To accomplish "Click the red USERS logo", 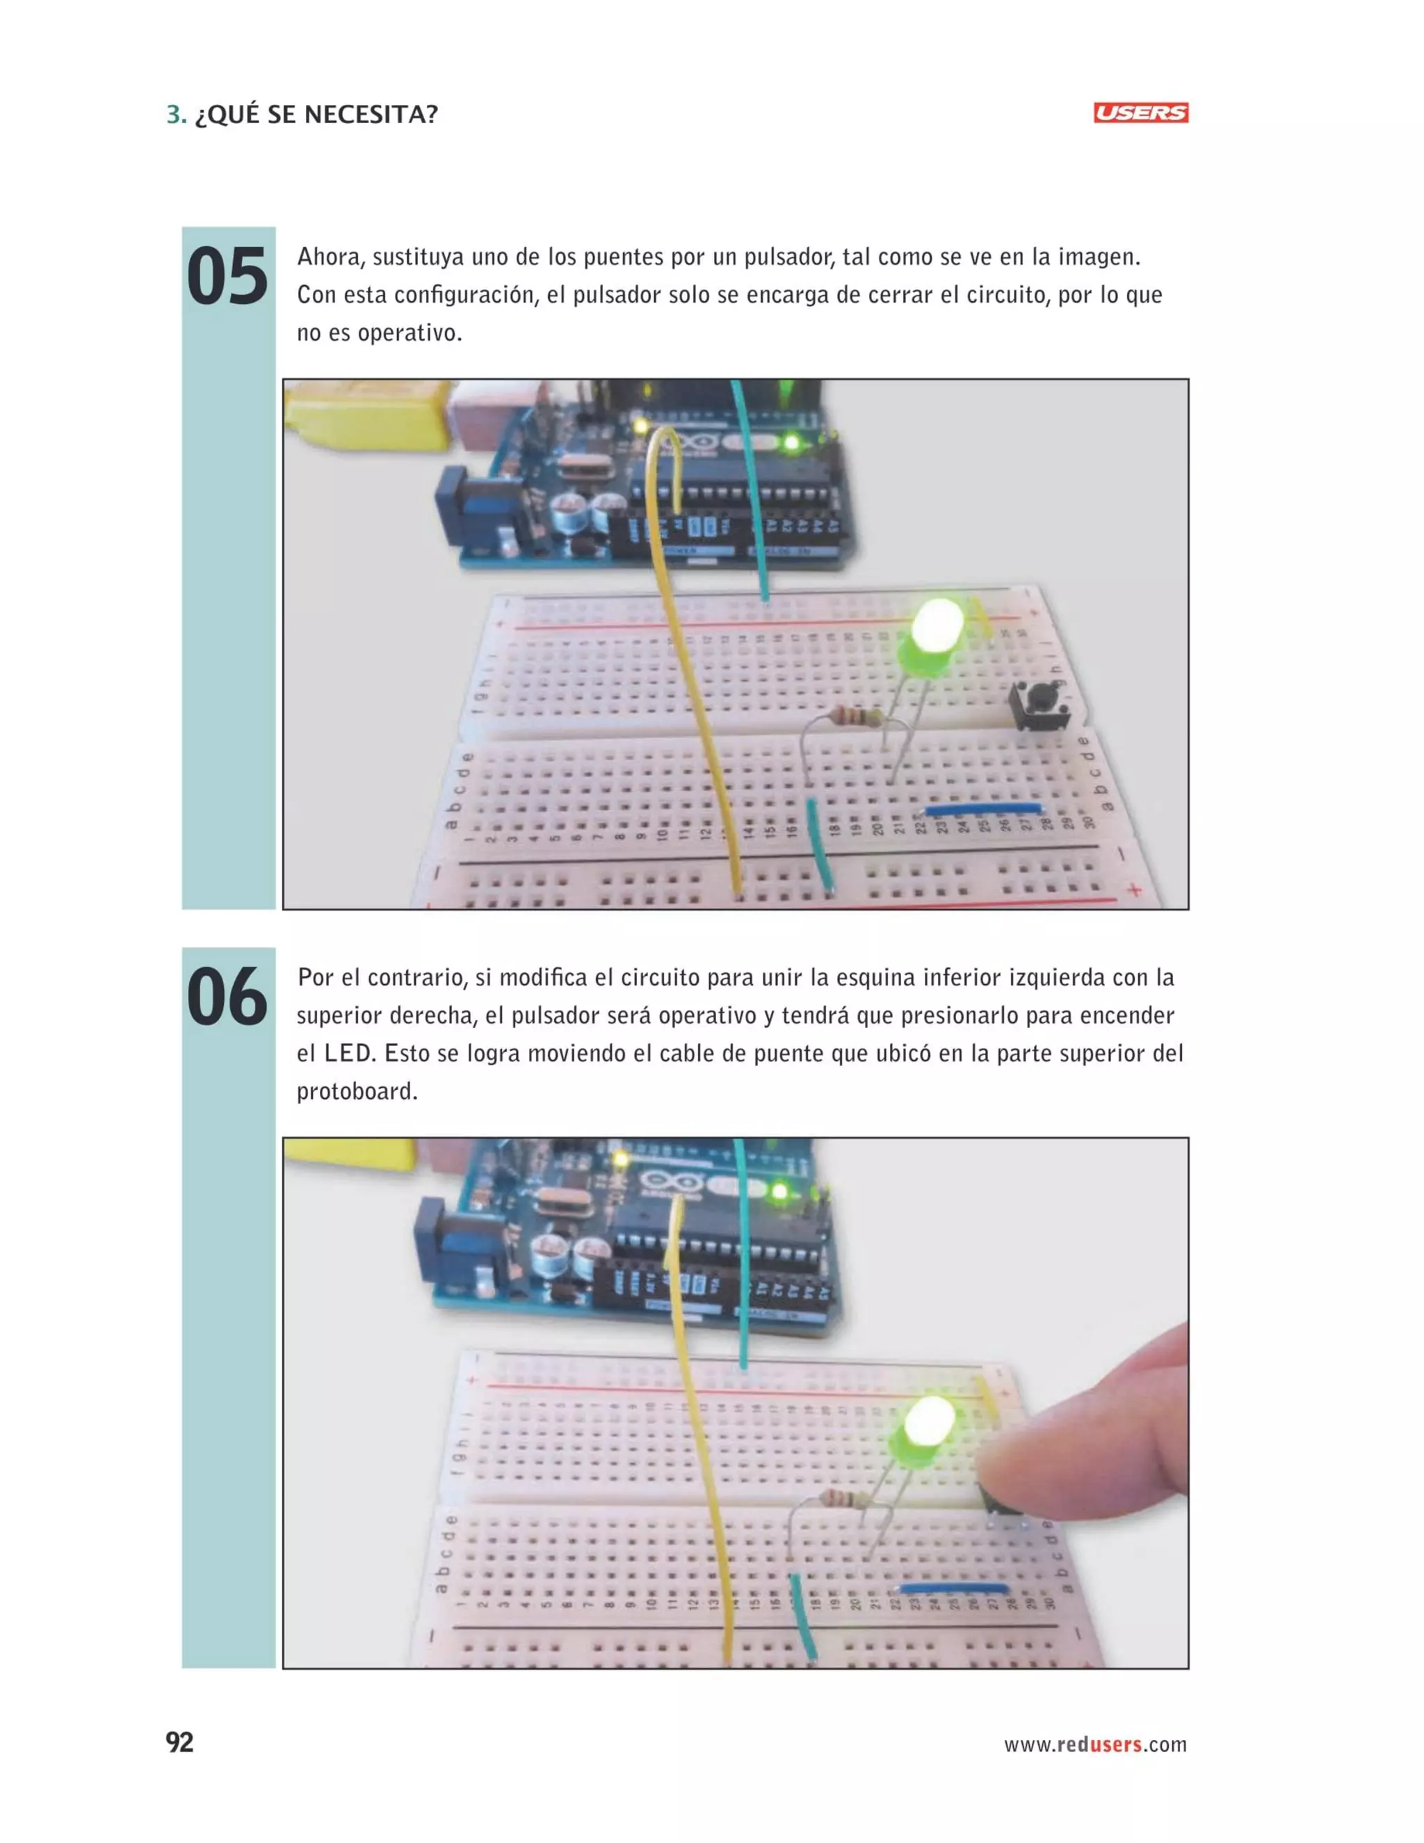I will point(1140,113).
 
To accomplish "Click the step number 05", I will point(226,277).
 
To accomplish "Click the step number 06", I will point(226,998).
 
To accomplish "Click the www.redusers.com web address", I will point(1094,1744).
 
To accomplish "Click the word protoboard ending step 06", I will point(357,1091).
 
